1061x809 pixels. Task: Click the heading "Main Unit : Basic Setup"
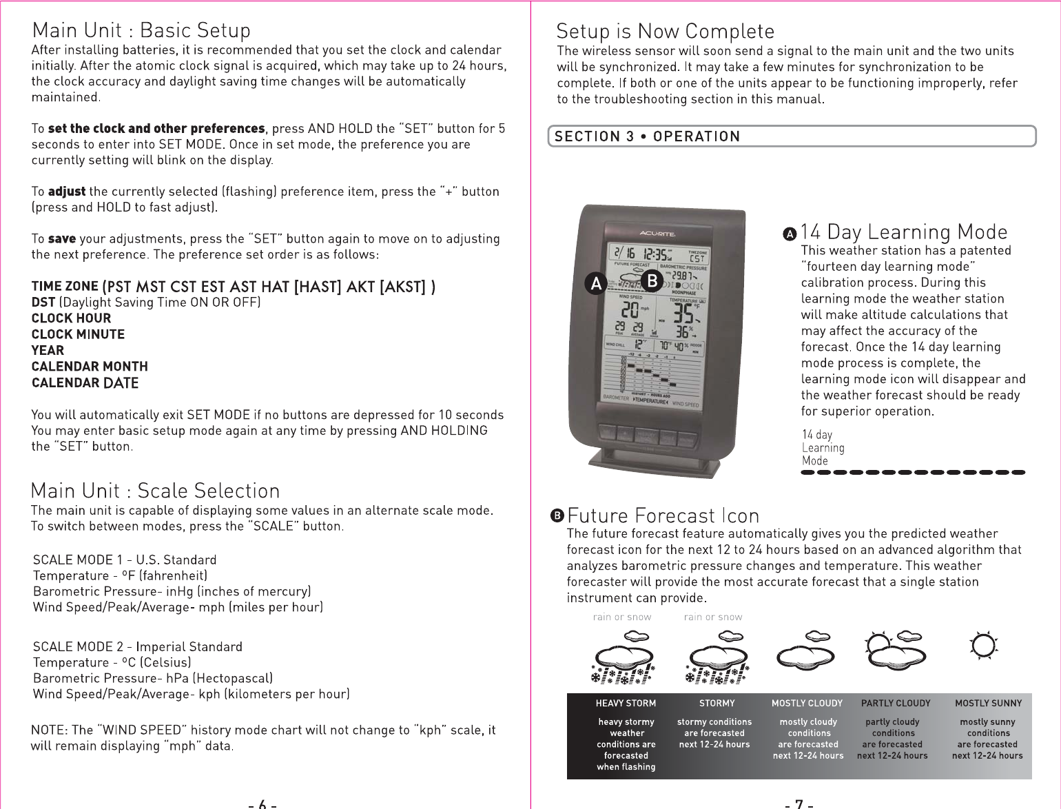(x=141, y=31)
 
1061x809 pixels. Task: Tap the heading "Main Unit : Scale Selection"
(x=156, y=491)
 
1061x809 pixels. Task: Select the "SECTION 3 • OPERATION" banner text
(x=647, y=136)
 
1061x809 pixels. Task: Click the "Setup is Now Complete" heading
(x=665, y=32)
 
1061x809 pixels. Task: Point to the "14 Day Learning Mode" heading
(x=903, y=232)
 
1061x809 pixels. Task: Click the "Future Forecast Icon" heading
(x=663, y=516)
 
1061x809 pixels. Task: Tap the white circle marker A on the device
(x=596, y=283)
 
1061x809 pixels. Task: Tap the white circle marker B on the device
(x=651, y=280)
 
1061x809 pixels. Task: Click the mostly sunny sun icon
(x=983, y=645)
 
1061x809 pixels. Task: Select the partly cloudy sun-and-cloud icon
(x=893, y=649)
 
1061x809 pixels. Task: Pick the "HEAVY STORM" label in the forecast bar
(x=626, y=704)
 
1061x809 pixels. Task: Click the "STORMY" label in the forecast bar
(x=717, y=704)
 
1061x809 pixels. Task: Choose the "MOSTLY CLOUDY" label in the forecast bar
(x=807, y=704)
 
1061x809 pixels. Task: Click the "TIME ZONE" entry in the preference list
(x=65, y=287)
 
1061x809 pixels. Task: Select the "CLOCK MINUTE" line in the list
(x=78, y=334)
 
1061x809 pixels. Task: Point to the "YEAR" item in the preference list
(x=48, y=350)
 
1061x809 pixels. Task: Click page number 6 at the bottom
(x=262, y=803)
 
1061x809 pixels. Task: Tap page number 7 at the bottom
(x=799, y=803)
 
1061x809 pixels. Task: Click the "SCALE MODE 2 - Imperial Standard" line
(x=138, y=646)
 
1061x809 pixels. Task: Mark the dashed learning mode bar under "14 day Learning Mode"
(x=913, y=473)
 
